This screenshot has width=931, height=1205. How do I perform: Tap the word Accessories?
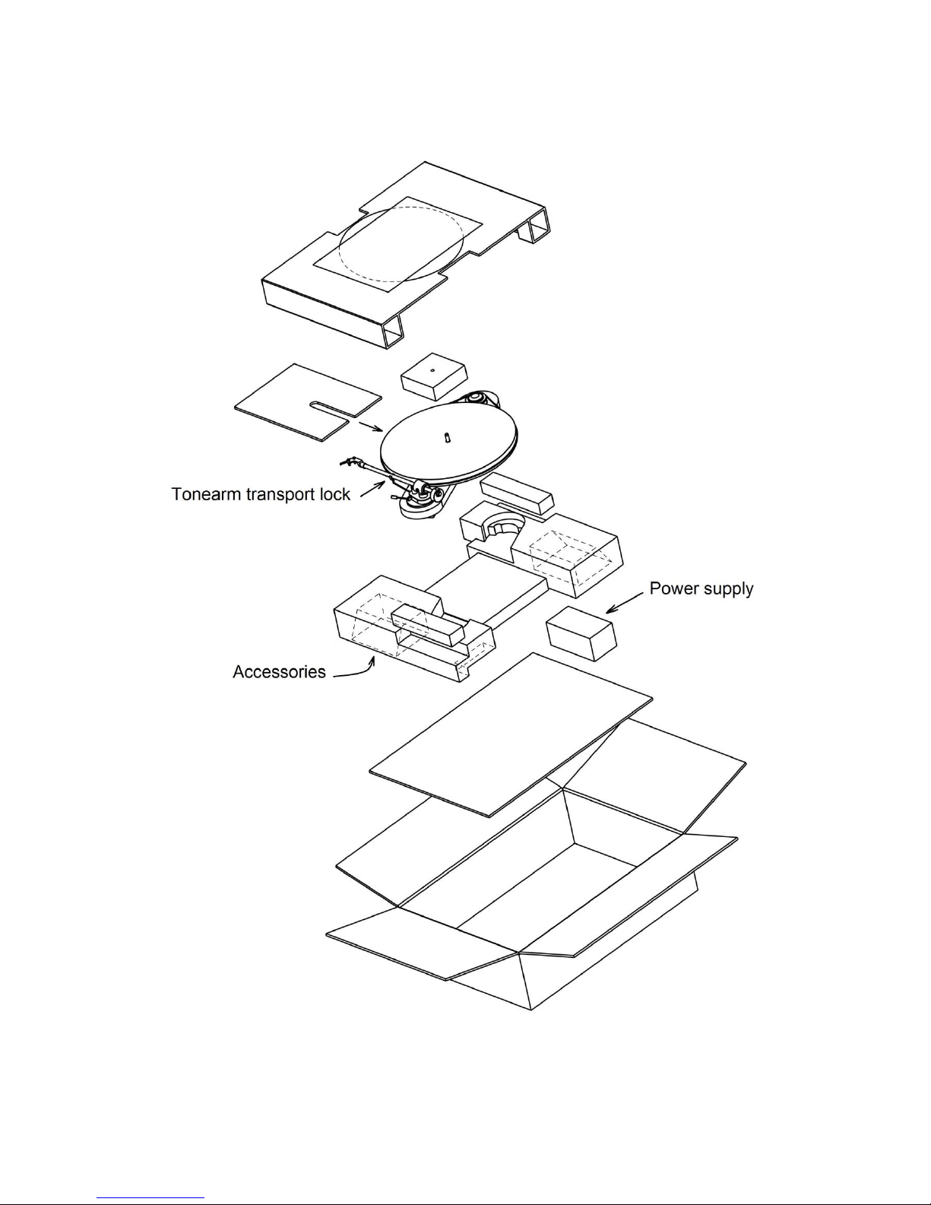click(x=279, y=671)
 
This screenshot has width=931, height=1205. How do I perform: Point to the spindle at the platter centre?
click(x=447, y=438)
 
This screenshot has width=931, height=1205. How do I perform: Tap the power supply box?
click(x=581, y=633)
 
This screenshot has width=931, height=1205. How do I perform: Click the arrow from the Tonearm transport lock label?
click(x=373, y=489)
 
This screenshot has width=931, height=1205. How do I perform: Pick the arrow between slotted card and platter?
click(x=371, y=426)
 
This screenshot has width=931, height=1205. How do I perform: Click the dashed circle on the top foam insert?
click(x=401, y=244)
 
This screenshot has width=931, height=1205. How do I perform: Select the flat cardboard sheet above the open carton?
click(x=511, y=734)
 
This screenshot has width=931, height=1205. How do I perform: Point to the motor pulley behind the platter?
click(x=475, y=397)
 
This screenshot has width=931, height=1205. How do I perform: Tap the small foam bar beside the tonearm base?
click(x=517, y=493)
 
